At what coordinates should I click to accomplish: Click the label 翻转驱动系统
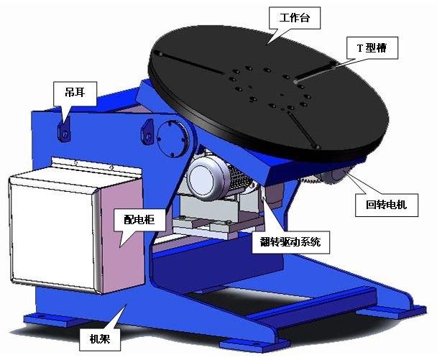tap(295, 243)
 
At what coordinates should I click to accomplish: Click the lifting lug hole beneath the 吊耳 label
tap(65, 134)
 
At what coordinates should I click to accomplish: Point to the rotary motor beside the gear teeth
tap(337, 179)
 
